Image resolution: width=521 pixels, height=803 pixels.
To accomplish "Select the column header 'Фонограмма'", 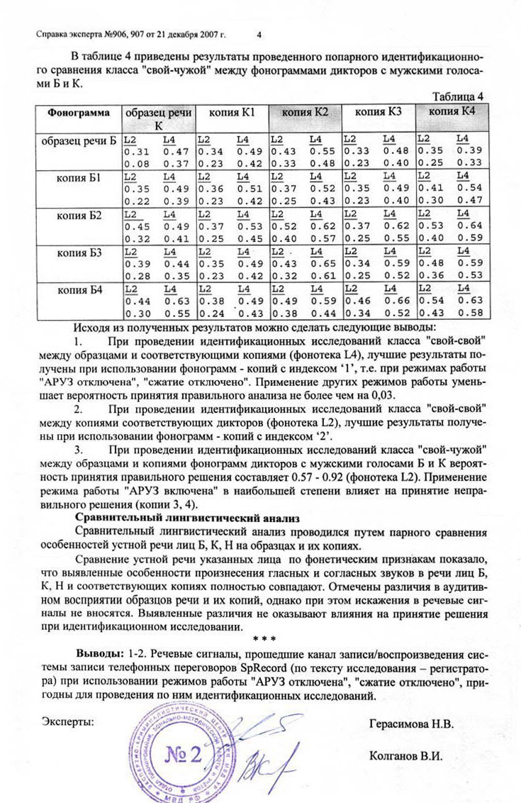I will point(79,112).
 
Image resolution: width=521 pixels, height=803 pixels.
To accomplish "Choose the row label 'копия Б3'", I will point(79,252).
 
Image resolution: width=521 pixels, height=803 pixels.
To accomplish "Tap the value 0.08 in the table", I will point(137,164).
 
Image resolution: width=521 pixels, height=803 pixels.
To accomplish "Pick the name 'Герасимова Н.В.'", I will point(411,724).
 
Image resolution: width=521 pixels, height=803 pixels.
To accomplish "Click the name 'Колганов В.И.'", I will point(406,755).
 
